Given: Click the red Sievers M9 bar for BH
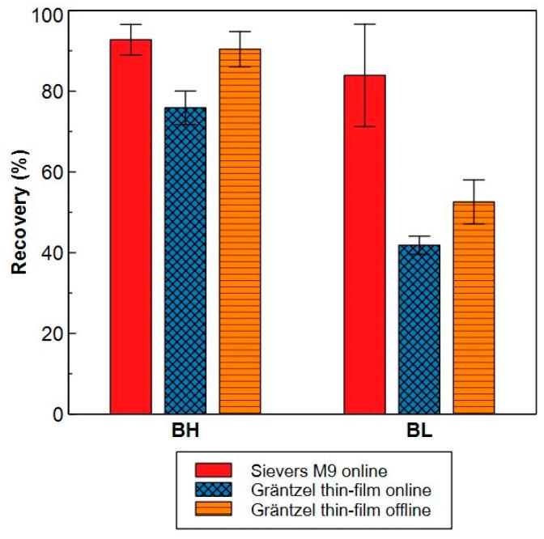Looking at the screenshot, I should [x=130, y=227].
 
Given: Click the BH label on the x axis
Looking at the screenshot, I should [x=185, y=432].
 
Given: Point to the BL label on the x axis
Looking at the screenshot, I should [x=419, y=432].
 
